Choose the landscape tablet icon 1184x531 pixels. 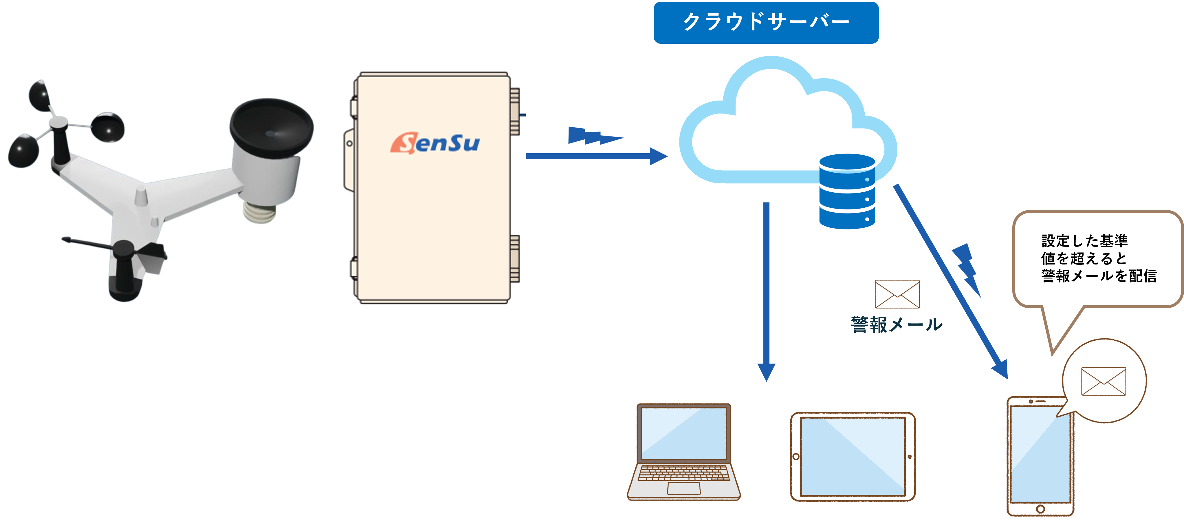(x=853, y=457)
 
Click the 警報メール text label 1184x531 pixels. (x=896, y=325)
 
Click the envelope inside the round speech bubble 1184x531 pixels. (x=1104, y=381)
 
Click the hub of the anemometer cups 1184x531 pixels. (x=58, y=123)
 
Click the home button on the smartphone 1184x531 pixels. (x=1041, y=509)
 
